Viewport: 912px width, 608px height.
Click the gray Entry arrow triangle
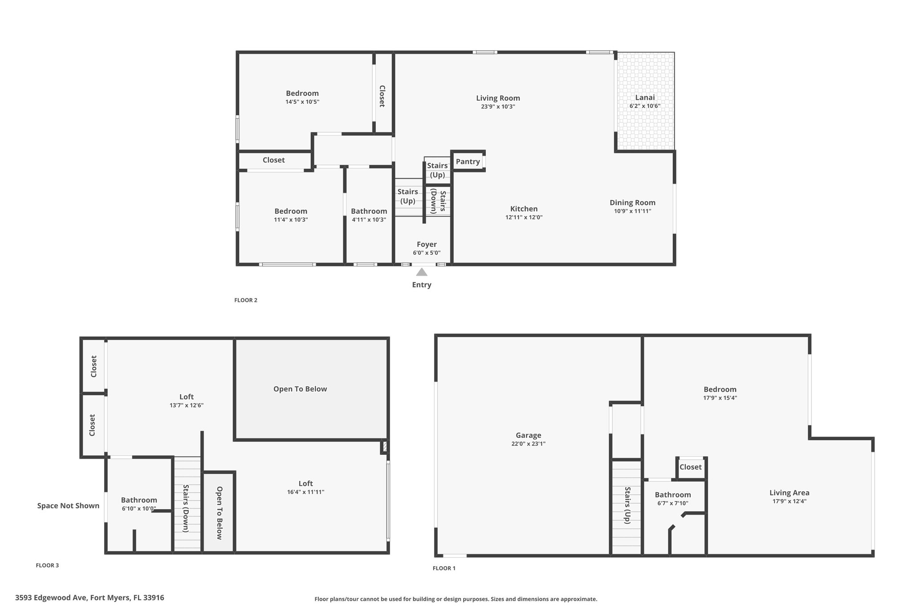click(422, 272)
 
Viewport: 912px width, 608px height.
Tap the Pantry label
click(468, 162)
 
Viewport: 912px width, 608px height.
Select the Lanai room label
click(645, 98)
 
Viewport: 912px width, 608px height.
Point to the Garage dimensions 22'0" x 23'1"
click(529, 444)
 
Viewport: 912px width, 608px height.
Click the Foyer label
click(427, 245)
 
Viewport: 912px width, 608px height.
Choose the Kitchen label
click(524, 209)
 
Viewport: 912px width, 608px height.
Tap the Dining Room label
click(633, 203)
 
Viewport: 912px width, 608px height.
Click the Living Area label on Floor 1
click(790, 493)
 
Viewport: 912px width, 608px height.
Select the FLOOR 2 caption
click(246, 300)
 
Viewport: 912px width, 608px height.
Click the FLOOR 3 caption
click(47, 566)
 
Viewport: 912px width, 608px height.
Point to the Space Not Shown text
click(68, 506)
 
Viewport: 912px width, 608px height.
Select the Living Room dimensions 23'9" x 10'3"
click(498, 107)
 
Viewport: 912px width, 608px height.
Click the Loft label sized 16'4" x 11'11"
click(305, 484)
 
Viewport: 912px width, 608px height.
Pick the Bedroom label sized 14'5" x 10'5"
click(302, 94)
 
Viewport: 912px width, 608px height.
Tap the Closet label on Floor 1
click(691, 467)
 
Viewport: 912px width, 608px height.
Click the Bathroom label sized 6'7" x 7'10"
click(673, 495)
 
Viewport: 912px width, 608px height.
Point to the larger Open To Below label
click(300, 389)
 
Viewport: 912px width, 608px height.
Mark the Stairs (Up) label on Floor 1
click(627, 505)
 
